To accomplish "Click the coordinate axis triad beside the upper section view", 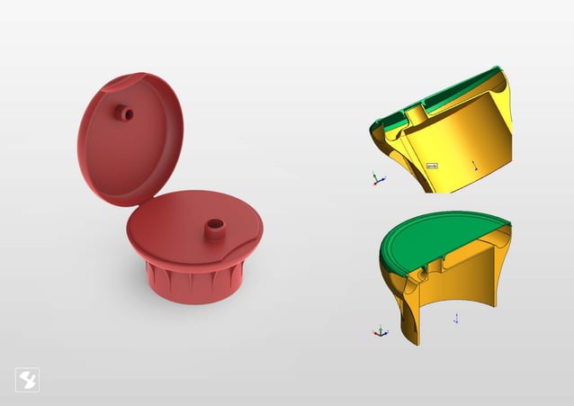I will [378, 178].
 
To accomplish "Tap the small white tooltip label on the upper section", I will [432, 166].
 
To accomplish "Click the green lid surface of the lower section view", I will [432, 239].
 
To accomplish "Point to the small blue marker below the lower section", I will [456, 318].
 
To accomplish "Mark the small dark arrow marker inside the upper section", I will [473, 165].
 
